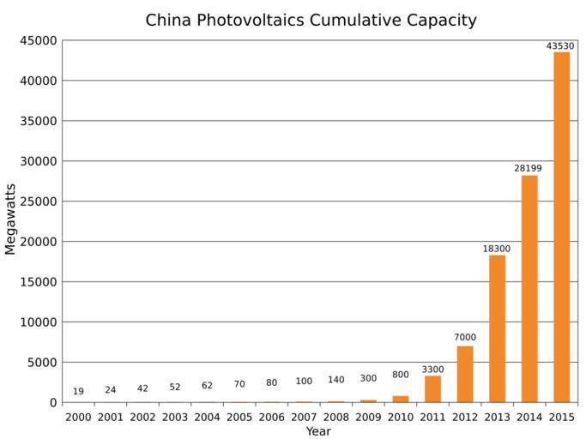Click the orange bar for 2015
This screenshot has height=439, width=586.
pyautogui.click(x=561, y=227)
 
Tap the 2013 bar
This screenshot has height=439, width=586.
pyautogui.click(x=497, y=328)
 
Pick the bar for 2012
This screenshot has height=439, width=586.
pyautogui.click(x=465, y=374)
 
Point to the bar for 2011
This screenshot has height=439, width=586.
pyautogui.click(x=432, y=388)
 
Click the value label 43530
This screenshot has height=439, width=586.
pyautogui.click(x=560, y=46)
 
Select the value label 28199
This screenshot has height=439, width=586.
pyautogui.click(x=529, y=168)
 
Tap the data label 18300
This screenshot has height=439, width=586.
pyautogui.click(x=497, y=249)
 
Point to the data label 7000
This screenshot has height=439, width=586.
pyautogui.click(x=465, y=338)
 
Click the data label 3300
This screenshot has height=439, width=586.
pyautogui.click(x=432, y=370)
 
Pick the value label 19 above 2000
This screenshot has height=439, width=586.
pyautogui.click(x=78, y=392)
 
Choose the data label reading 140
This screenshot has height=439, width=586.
pyautogui.click(x=335, y=380)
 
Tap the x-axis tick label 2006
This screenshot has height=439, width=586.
pyautogui.click(x=271, y=417)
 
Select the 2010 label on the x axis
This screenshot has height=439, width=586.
pyautogui.click(x=400, y=417)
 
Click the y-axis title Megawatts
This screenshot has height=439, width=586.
pyautogui.click(x=11, y=221)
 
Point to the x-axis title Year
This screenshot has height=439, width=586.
pyautogui.click(x=318, y=431)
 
